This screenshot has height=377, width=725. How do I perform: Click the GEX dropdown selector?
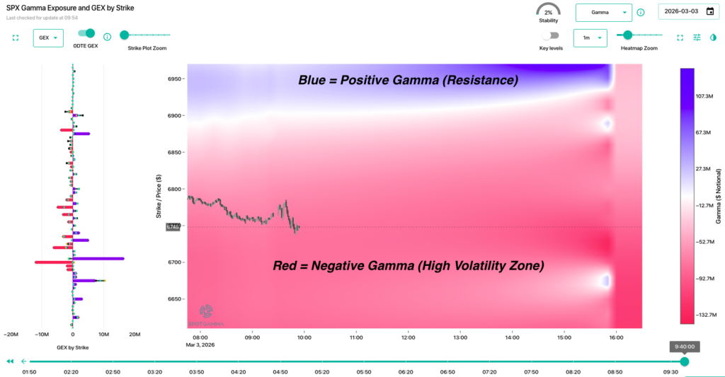pos(48,37)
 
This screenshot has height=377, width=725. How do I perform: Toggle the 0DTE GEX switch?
pos(86,33)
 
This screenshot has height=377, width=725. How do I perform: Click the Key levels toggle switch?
pos(549,35)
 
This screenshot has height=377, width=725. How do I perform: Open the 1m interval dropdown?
pos(590,37)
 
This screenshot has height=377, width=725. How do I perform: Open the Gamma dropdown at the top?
pos(603,12)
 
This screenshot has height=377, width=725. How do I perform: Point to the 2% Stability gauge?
pos(548,12)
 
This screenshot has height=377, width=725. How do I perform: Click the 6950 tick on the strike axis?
pos(173,79)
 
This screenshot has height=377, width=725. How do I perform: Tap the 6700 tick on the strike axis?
pos(173,262)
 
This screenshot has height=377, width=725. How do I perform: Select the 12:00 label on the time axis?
pos(408,337)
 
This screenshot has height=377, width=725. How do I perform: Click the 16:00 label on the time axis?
pos(616,337)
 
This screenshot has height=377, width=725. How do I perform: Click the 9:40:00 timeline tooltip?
pos(684,347)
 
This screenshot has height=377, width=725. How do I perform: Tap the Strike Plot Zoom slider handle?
pos(124,34)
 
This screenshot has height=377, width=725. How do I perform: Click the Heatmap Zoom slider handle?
pos(627,35)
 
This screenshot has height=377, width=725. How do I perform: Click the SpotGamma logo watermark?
pos(207,314)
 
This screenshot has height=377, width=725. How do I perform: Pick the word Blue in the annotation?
pos(314,81)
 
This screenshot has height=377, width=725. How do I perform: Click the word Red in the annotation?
pos(287,266)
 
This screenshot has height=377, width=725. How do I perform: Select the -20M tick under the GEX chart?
pos(11,335)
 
